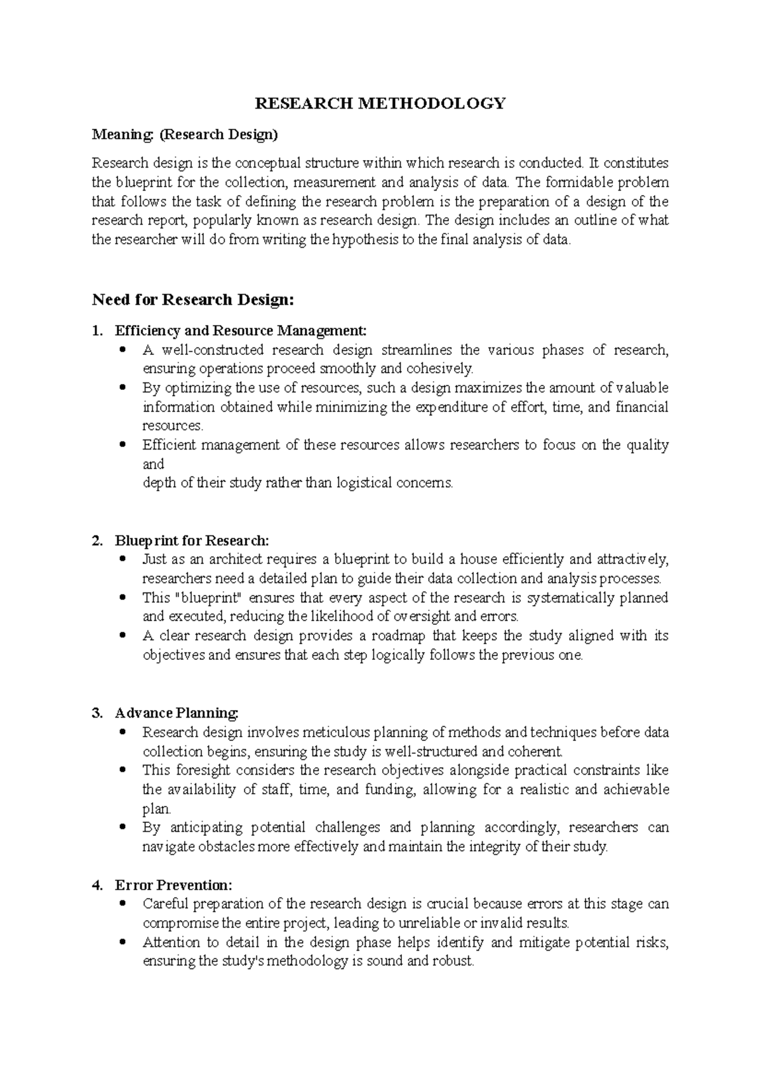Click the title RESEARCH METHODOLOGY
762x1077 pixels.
[380, 104]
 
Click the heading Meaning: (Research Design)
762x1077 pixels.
[185, 135]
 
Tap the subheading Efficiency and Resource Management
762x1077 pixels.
[240, 331]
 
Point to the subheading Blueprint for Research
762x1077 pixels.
[192, 541]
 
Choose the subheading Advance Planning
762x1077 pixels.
[176, 713]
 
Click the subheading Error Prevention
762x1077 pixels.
[173, 885]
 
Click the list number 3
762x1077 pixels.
[97, 713]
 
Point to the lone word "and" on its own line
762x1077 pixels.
[153, 464]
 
